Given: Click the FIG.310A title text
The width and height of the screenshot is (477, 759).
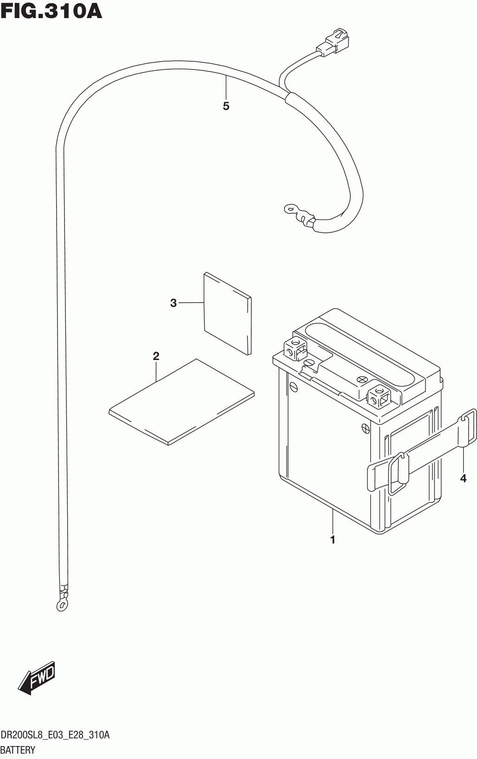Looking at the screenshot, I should (51, 11).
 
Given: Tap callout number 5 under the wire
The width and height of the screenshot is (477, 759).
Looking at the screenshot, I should (226, 106).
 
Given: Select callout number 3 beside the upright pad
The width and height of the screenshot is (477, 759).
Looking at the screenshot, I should (174, 303).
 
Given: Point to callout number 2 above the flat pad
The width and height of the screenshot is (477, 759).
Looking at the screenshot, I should (156, 356).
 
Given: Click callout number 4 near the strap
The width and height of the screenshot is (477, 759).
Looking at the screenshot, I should (463, 478).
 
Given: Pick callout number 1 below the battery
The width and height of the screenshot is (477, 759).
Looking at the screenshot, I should (332, 540).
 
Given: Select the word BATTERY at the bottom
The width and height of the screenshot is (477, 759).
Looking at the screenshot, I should (18, 750).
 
